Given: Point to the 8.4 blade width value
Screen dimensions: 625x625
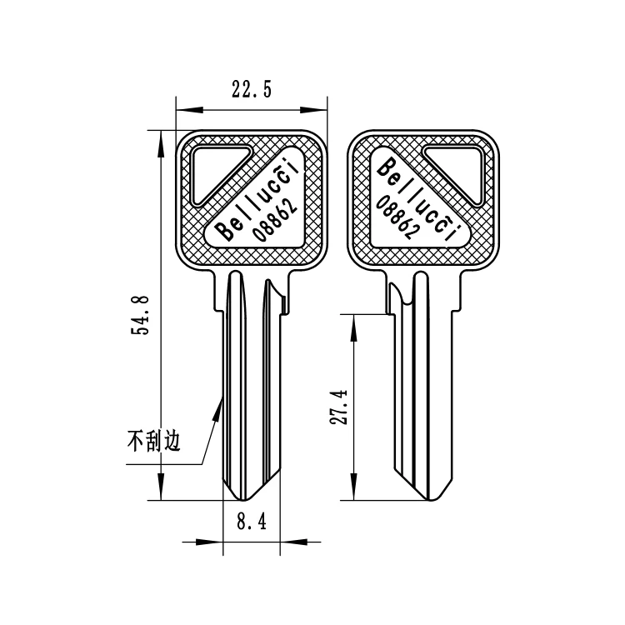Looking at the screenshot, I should (x=251, y=522).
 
